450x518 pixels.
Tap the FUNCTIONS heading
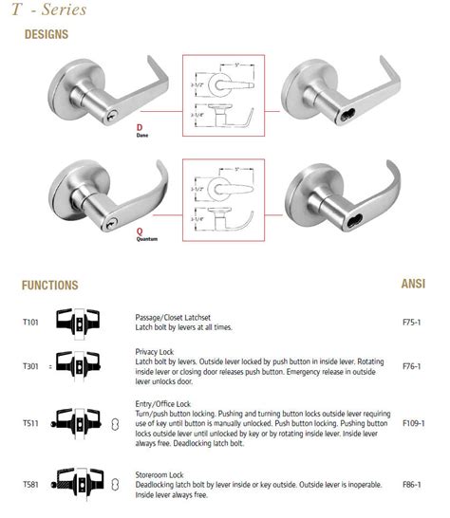click(x=49, y=285)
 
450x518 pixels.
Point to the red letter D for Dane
click(x=141, y=126)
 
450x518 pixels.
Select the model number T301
click(x=30, y=363)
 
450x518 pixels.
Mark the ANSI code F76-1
click(x=413, y=363)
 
